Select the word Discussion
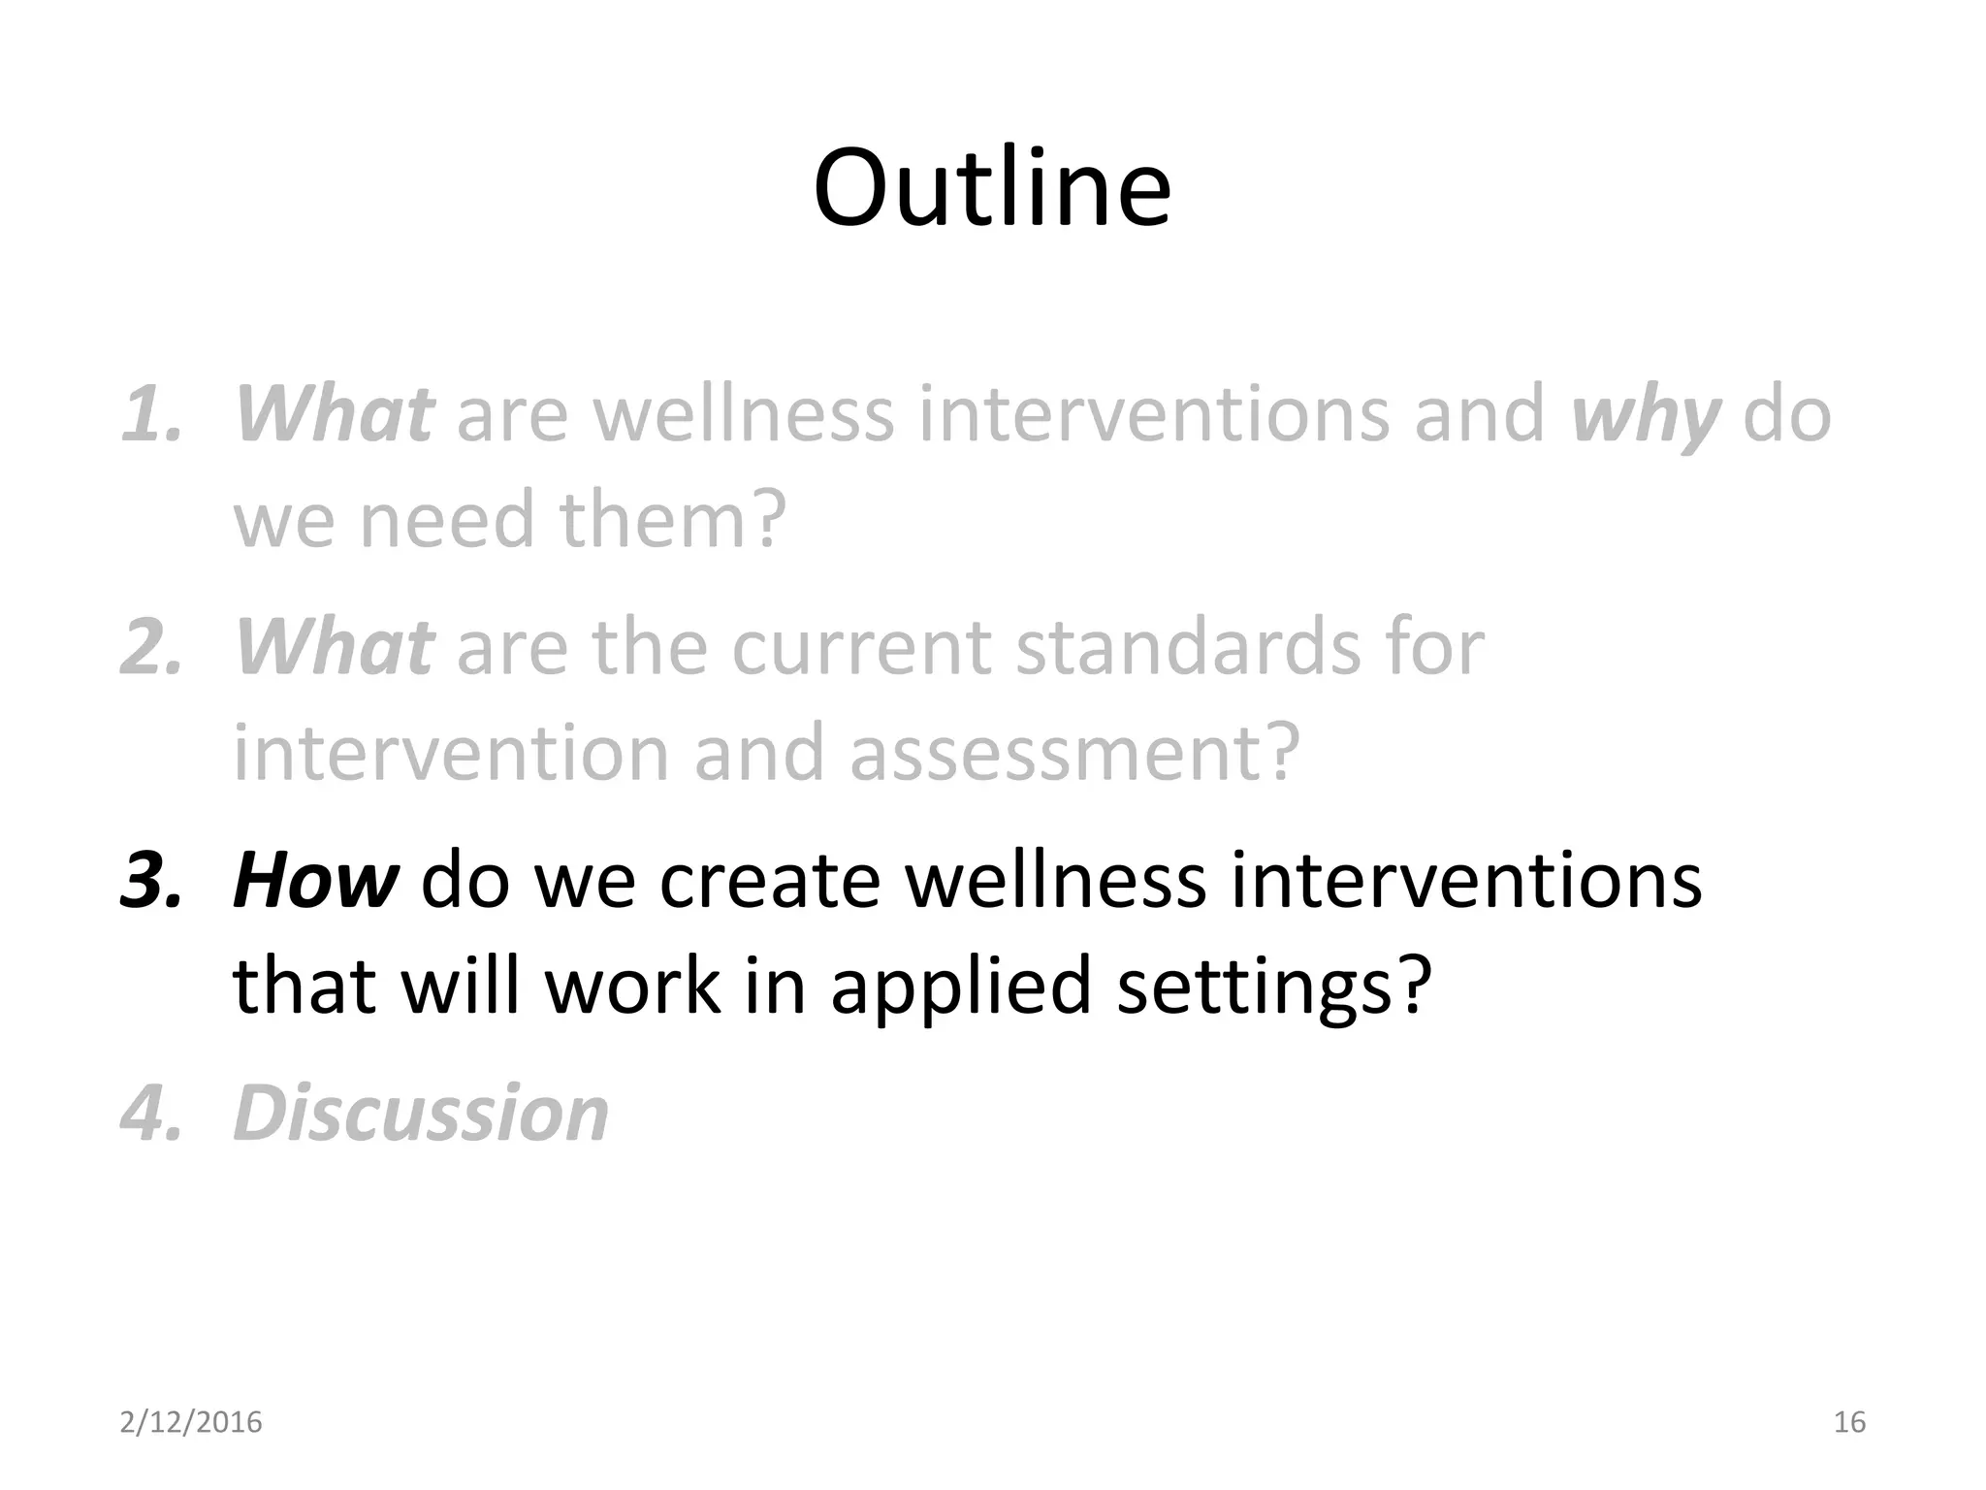[421, 1114]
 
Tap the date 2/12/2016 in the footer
[191, 1422]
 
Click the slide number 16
[1849, 1422]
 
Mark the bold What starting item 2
[334, 648]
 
